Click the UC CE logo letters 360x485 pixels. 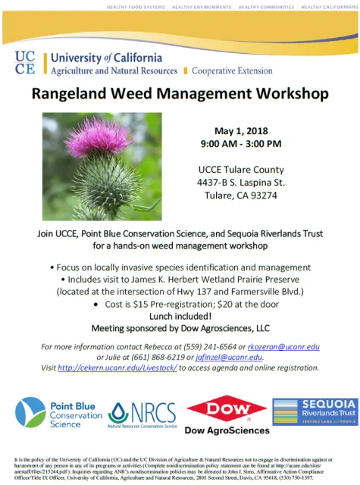pos(25,64)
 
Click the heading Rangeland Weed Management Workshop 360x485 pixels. pos(180,95)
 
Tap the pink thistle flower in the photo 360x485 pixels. pos(98,136)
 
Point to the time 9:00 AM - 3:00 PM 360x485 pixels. pos(240,143)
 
